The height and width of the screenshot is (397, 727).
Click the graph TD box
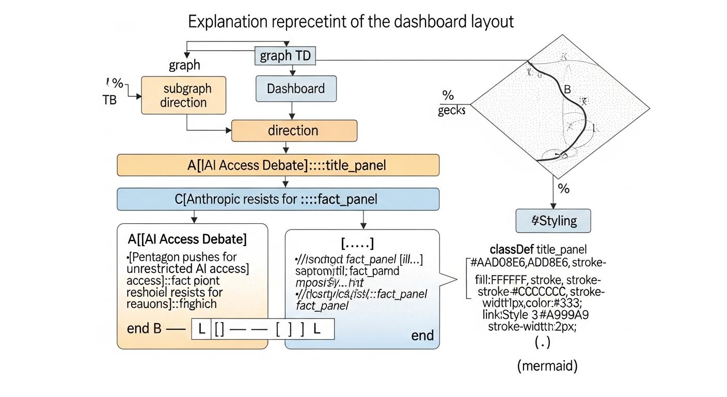(x=286, y=56)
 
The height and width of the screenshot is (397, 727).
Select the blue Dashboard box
(x=296, y=88)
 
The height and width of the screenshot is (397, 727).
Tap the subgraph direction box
(x=183, y=95)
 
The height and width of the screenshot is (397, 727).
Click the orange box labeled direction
(x=293, y=130)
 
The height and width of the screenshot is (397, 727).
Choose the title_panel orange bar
(x=278, y=165)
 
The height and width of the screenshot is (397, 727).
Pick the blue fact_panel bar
(x=278, y=199)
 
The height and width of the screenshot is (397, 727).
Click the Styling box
(x=554, y=221)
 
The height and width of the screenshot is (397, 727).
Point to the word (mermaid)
(x=547, y=366)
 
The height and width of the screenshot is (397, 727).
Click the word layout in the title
(x=492, y=22)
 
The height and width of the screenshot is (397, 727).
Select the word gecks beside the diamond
(x=451, y=111)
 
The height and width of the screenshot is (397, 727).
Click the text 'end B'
(x=144, y=329)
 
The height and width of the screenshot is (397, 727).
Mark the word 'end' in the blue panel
(x=422, y=335)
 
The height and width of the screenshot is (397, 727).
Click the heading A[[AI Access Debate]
(x=187, y=239)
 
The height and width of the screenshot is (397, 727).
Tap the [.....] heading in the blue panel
(x=357, y=243)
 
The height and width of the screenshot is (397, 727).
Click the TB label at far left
(x=109, y=100)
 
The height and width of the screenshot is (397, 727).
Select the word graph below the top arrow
(x=184, y=66)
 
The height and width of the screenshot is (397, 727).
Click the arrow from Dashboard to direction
(x=293, y=110)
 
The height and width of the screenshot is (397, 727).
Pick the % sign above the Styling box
(x=564, y=189)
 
